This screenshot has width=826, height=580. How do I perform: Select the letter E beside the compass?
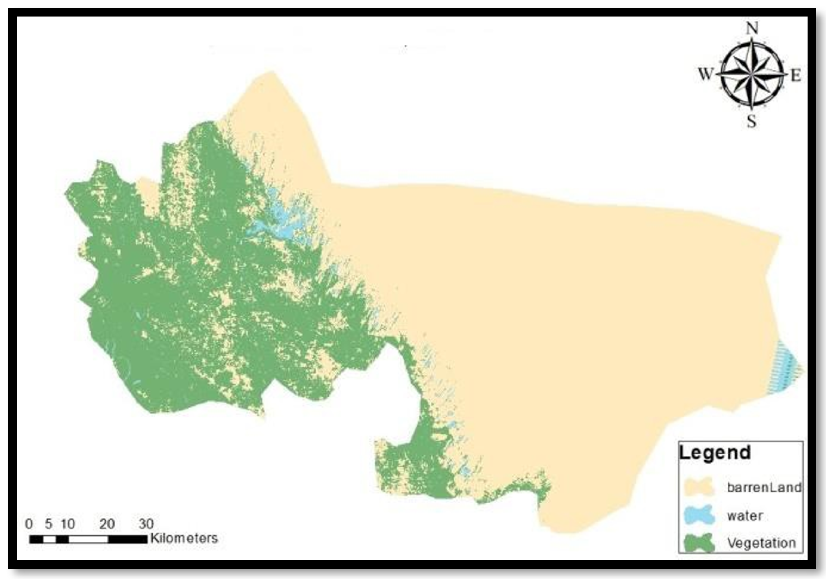[795, 76]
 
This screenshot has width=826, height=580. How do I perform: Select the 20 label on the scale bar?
[107, 523]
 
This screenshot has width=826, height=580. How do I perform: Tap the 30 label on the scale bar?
[146, 523]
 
